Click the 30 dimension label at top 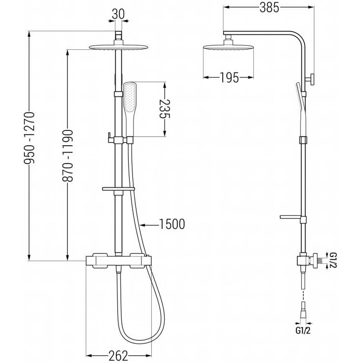tap(118, 14)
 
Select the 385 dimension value tap(269, 8)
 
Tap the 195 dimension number tap(229, 77)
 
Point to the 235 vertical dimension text tap(165, 109)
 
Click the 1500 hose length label tap(172, 224)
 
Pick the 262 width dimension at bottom tap(118, 356)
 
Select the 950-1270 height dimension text tap(29, 138)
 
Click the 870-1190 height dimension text tap(67, 156)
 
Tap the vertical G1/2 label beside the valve tap(333, 260)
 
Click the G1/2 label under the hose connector tap(303, 331)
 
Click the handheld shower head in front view tap(130, 110)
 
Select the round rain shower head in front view tap(119, 47)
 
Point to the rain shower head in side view tap(229, 47)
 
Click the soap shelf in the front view tap(118, 189)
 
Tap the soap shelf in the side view tap(291, 217)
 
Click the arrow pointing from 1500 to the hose tap(149, 224)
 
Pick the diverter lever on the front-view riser tap(110, 138)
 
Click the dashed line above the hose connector tap(303, 295)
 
